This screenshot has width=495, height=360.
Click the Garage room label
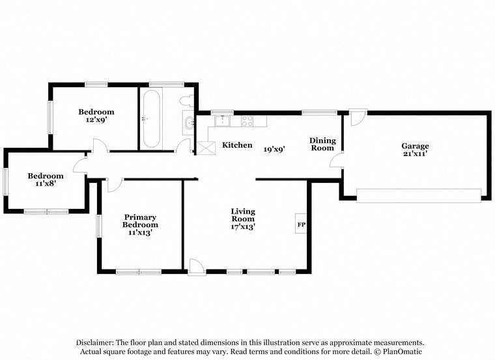coord(415,146)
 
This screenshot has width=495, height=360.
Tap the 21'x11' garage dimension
coord(415,154)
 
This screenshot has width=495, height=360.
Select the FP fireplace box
coord(302,225)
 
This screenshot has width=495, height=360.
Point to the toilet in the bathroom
coord(187,100)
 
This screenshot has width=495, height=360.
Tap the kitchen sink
coord(221,120)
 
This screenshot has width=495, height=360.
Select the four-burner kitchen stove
coord(247,120)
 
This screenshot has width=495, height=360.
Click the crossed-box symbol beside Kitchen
coord(207,148)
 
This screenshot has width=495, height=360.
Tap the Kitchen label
coord(237,145)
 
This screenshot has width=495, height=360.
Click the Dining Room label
coord(322,145)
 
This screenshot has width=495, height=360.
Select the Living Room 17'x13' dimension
coord(243,227)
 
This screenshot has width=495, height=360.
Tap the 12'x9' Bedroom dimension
coord(96,120)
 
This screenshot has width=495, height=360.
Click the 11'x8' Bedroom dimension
coord(46,184)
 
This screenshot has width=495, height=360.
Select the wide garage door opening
coord(419,195)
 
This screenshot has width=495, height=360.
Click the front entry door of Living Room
coord(195,268)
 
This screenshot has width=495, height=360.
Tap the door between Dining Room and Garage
coord(338,161)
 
